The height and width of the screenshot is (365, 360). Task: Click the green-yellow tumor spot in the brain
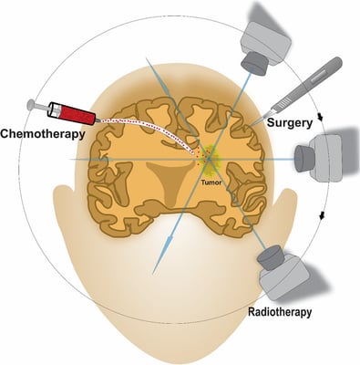coord(209,159)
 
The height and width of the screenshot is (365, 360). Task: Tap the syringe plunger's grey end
coord(33,105)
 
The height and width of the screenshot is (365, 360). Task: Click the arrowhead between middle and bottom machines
coord(324,215)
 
